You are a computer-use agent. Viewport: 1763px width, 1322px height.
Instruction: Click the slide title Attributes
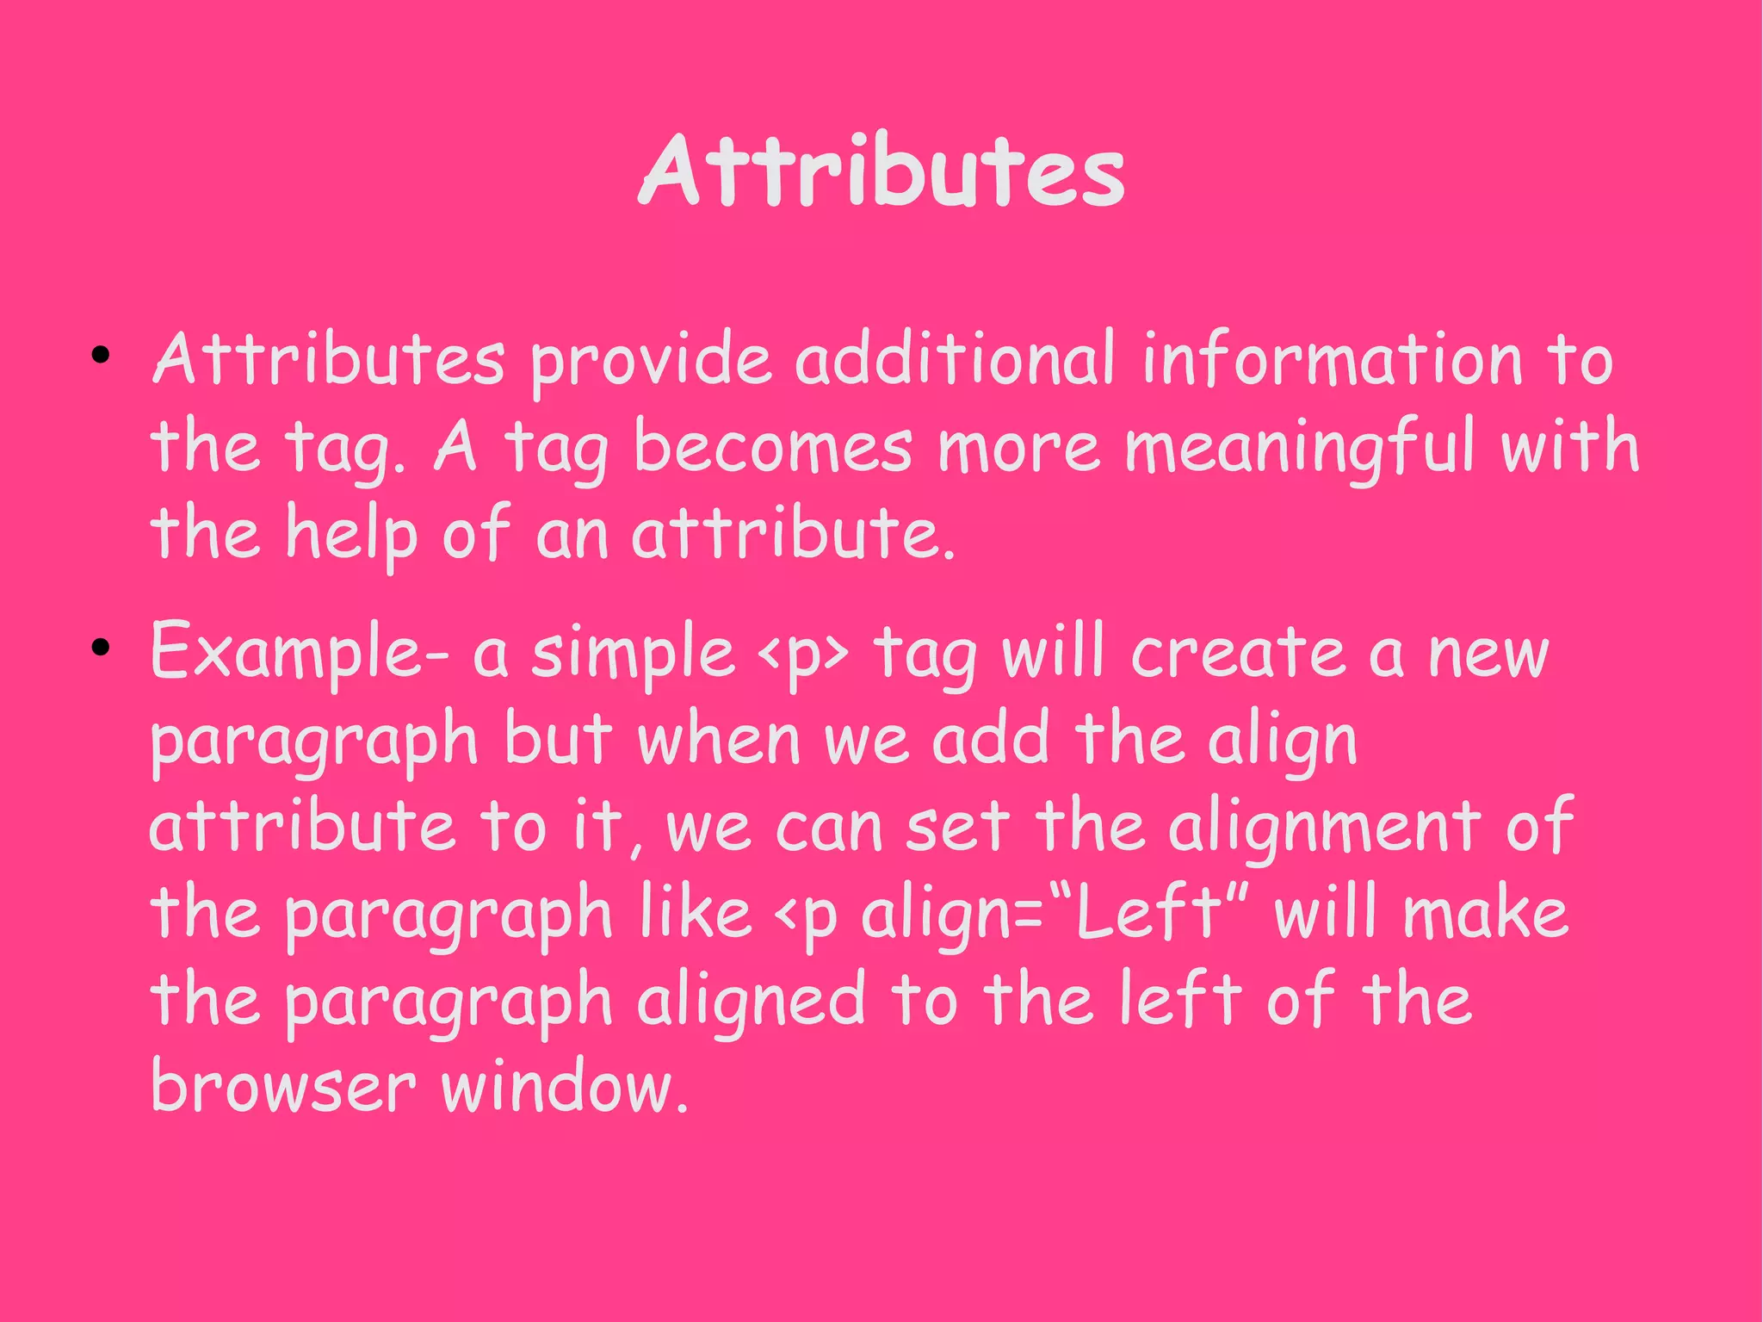[881, 172]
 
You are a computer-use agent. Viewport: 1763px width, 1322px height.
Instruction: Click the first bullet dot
[101, 355]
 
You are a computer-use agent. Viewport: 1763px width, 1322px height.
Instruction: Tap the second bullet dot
[101, 648]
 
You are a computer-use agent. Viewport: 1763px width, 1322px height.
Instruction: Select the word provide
[651, 362]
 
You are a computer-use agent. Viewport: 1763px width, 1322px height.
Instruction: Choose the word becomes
[772, 448]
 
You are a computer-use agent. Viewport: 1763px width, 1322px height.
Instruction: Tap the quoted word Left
[1149, 913]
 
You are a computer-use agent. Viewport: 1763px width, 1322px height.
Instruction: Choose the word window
[564, 1087]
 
